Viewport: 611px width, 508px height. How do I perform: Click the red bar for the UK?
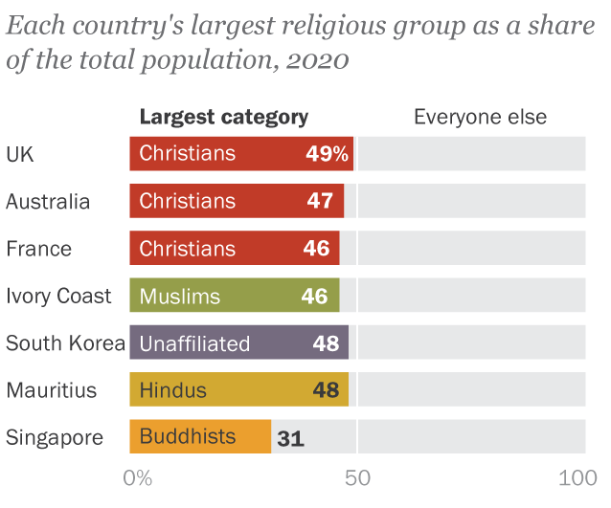point(241,153)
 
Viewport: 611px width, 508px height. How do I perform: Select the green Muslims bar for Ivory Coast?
point(235,296)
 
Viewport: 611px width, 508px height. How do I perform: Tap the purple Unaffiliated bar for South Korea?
point(239,343)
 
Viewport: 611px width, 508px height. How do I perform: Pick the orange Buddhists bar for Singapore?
point(200,437)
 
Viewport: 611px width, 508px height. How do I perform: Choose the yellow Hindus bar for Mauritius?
point(239,390)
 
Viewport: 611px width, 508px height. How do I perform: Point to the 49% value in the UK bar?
point(328,153)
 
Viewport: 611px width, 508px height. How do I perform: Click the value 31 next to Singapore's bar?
point(290,439)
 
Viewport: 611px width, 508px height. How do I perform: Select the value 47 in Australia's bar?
point(320,201)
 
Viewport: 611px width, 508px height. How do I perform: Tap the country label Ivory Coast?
point(58,296)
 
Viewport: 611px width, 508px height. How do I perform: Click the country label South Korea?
point(65,343)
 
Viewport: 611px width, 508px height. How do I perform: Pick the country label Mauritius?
point(52,390)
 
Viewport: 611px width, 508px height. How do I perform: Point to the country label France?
point(38,249)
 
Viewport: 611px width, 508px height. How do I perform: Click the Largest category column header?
point(224,117)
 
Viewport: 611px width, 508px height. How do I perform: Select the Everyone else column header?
point(480,117)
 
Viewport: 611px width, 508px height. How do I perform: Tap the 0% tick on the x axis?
point(139,478)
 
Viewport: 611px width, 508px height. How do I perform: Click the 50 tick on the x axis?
point(357,478)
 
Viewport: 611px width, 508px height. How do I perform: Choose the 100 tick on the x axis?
point(577,478)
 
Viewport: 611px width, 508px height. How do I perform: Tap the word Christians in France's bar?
point(187,249)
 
